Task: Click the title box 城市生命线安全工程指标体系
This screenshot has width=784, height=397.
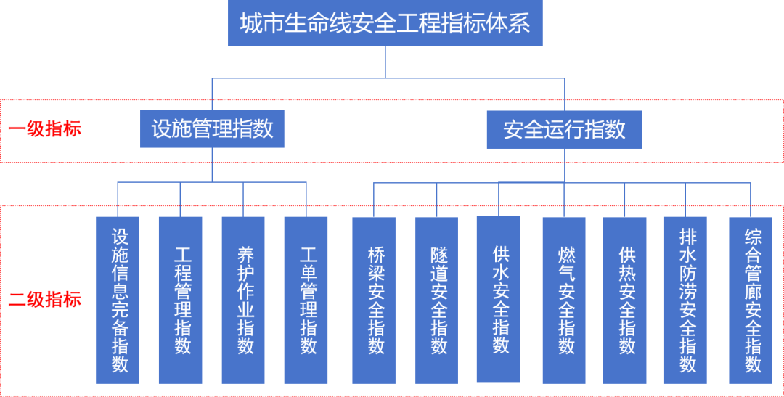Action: [385, 24]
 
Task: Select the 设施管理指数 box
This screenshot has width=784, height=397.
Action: [212, 129]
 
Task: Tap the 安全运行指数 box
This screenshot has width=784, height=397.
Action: [564, 129]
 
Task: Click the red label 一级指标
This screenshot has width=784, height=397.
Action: [45, 129]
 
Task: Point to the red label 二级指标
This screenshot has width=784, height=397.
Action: [45, 299]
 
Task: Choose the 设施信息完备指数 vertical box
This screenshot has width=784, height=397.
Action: [118, 300]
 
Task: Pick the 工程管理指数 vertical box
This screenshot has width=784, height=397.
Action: [181, 300]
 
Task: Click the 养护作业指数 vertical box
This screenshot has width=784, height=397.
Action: [243, 300]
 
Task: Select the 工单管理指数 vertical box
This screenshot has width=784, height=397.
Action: [306, 300]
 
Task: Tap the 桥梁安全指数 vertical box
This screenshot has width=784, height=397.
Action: [374, 300]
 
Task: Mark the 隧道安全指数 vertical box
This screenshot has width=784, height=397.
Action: [436, 300]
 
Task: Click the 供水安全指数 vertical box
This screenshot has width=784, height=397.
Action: [499, 299]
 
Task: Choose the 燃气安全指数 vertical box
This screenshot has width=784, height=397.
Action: [564, 300]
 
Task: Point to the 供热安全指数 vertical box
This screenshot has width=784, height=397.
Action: [625, 300]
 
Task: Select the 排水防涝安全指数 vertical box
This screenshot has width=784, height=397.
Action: [686, 300]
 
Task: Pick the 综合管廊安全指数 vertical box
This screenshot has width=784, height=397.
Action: [751, 300]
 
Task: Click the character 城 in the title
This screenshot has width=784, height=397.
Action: [250, 24]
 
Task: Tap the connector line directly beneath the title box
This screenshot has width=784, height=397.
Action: [385, 61]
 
